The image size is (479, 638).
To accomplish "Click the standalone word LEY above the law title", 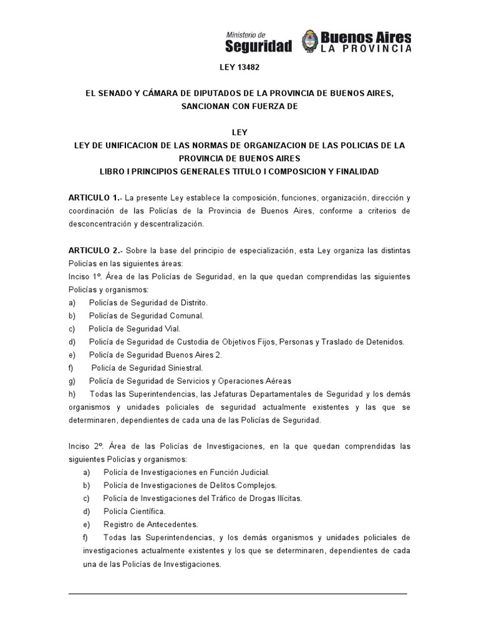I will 240,133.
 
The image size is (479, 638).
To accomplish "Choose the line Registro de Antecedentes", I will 142,525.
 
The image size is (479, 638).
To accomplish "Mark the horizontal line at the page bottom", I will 237,593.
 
